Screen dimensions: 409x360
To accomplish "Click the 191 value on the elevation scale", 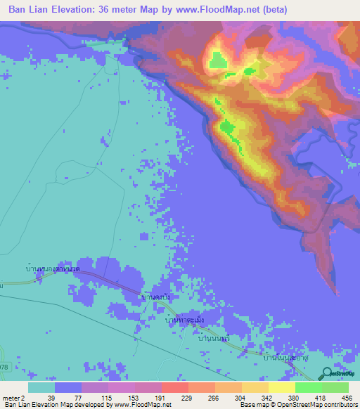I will pyautogui.click(x=157, y=397).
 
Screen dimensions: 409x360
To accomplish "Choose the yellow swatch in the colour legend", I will pyautogui.click(x=281, y=387).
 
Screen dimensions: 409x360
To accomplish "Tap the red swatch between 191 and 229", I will pyautogui.click(x=174, y=387).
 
